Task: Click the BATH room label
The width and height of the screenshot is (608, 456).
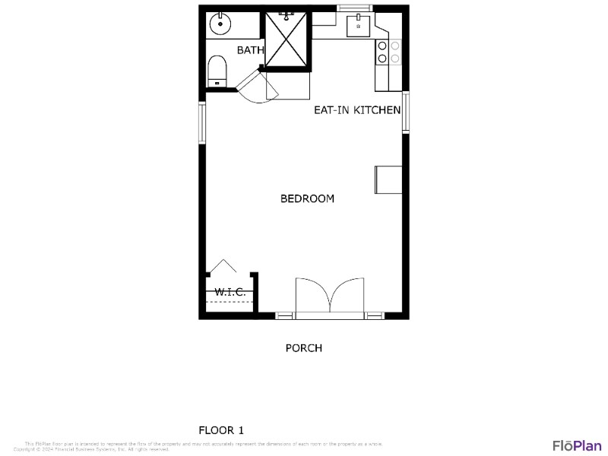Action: click(250, 50)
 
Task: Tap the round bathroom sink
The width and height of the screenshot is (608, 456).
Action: click(221, 24)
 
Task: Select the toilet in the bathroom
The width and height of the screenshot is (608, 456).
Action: click(217, 71)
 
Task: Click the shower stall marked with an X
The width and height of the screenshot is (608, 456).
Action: click(287, 39)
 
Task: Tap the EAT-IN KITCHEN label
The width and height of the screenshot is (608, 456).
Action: click(357, 110)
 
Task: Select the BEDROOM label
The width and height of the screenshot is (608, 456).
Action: click(307, 198)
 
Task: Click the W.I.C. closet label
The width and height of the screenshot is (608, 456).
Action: click(230, 292)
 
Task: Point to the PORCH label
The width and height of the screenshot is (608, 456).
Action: click(303, 348)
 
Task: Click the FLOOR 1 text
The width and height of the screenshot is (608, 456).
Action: click(221, 430)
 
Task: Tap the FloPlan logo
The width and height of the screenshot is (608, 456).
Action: click(577, 445)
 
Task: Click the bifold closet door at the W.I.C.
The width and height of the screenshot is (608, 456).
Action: click(223, 267)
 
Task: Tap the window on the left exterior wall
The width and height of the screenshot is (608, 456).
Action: click(202, 122)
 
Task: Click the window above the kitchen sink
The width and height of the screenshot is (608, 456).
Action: click(354, 8)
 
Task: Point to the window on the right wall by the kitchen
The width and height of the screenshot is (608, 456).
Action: click(406, 112)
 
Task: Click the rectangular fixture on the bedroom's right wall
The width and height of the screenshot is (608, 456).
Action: click(388, 179)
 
